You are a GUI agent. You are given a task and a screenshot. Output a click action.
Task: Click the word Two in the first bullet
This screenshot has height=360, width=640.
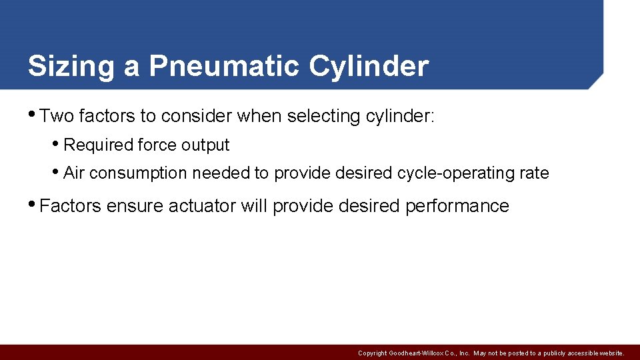click(x=57, y=117)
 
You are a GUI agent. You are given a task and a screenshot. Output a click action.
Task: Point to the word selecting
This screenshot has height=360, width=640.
click(x=324, y=117)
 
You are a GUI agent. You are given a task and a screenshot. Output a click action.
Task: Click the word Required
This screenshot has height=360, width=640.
click(x=97, y=145)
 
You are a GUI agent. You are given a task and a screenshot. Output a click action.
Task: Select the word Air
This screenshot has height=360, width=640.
click(x=74, y=173)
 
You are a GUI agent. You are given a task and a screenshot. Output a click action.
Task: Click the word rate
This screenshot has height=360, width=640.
click(x=533, y=173)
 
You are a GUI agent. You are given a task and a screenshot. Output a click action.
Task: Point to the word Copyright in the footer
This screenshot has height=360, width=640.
click(x=373, y=353)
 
